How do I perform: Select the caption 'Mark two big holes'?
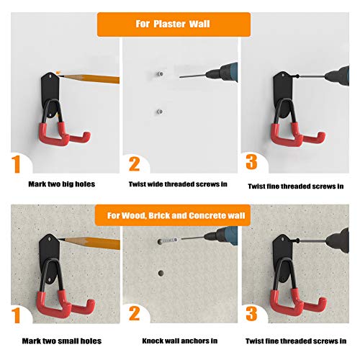click(61, 184)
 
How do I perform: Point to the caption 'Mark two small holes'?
click(61, 341)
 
